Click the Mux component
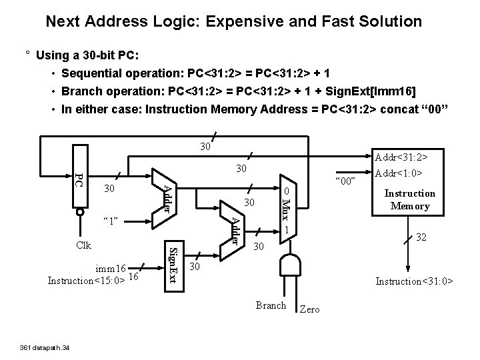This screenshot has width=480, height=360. pos(285,207)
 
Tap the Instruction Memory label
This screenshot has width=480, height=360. pos(410,200)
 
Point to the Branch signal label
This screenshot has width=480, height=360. pos(271,305)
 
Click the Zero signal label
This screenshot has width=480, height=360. pos(310,309)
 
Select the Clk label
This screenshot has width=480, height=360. pos(83,245)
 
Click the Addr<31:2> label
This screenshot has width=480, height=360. pos(402,157)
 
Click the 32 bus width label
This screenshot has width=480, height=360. pos(422,237)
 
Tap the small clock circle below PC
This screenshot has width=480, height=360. pos(80,213)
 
